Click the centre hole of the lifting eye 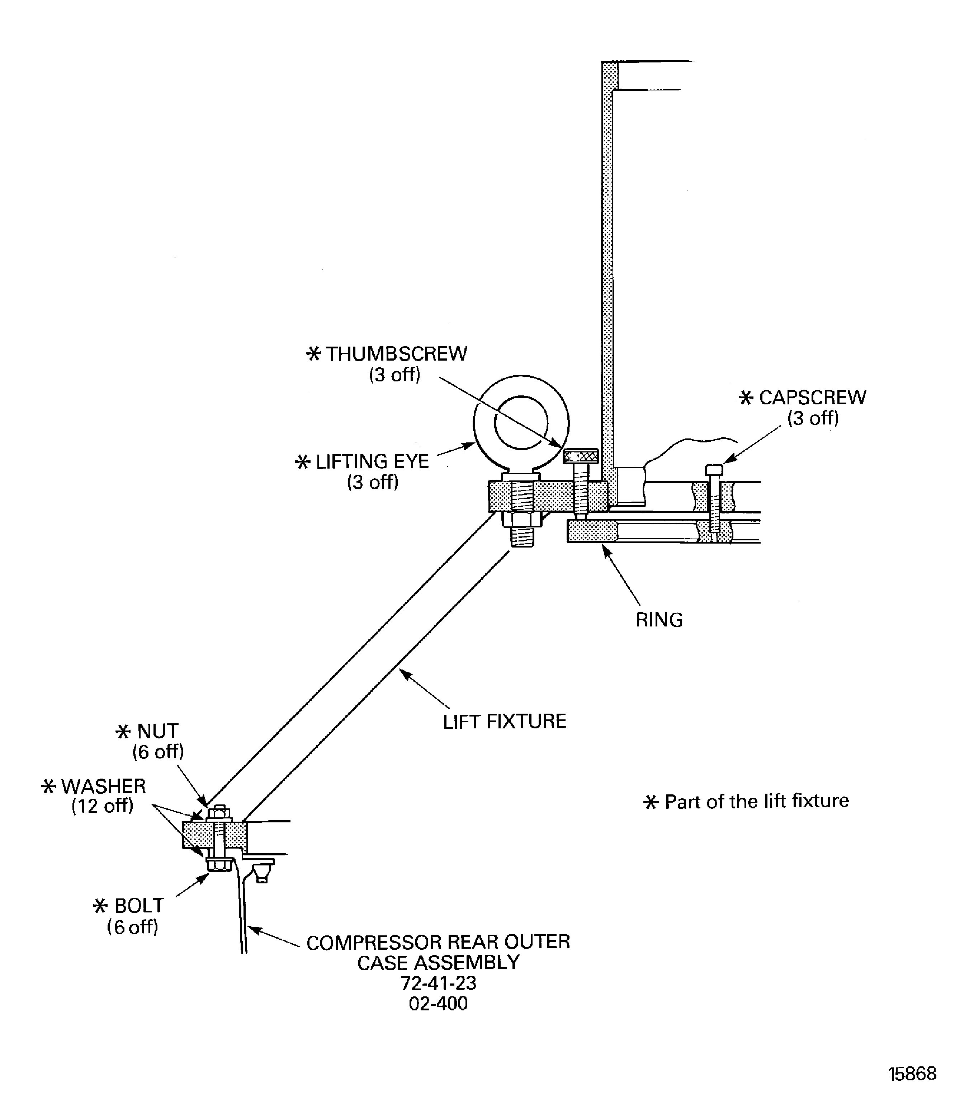521,422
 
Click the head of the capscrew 714,470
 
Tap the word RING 659,620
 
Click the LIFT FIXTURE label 504,722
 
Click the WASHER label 103,786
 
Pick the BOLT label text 138,906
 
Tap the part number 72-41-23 438,983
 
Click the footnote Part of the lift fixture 756,801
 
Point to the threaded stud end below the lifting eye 522,536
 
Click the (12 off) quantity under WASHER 102,806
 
